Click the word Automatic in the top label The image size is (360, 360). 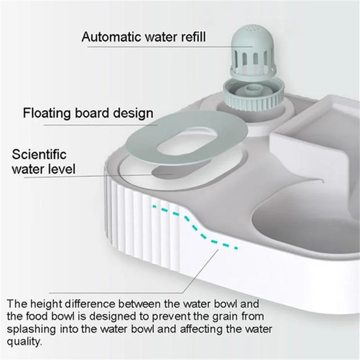111,37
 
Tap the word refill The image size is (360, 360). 193,37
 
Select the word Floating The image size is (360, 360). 47,114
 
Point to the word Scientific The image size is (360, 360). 39,154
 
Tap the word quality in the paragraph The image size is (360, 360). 24,342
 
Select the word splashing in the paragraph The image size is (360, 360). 31,329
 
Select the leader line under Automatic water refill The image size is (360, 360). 170,47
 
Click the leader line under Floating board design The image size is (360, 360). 101,125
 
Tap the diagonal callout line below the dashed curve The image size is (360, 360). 200,271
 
